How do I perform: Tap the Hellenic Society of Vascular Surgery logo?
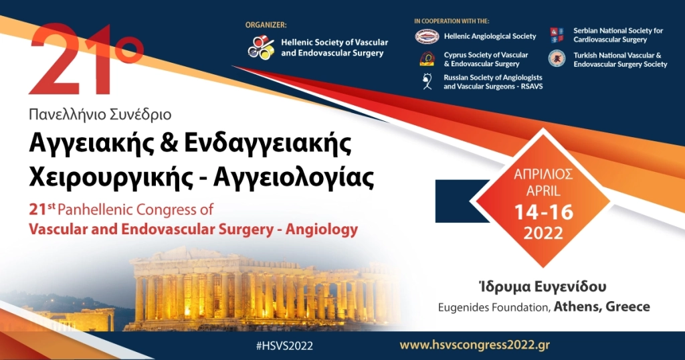point(261,47)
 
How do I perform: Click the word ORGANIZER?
point(266,25)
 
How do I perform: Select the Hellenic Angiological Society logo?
point(427,36)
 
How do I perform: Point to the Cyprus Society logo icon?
point(427,59)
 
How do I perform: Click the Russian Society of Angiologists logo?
point(427,82)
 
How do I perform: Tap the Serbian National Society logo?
point(557,35)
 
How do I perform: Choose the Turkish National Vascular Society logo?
point(557,59)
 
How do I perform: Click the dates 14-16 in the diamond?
point(544,213)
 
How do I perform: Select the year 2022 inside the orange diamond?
point(543,234)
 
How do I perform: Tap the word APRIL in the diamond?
point(543,191)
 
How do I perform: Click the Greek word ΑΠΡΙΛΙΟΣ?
point(543,175)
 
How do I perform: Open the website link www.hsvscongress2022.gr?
point(474,345)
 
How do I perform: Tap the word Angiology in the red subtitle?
point(321,230)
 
